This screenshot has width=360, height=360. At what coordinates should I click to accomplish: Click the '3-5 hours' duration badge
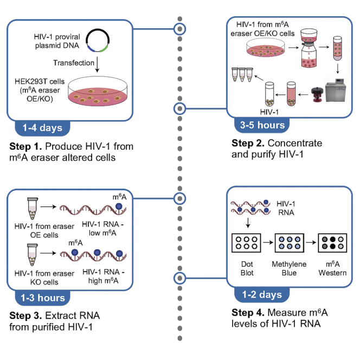coord(262,125)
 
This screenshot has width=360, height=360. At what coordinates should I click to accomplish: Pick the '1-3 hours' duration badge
coord(43,298)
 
